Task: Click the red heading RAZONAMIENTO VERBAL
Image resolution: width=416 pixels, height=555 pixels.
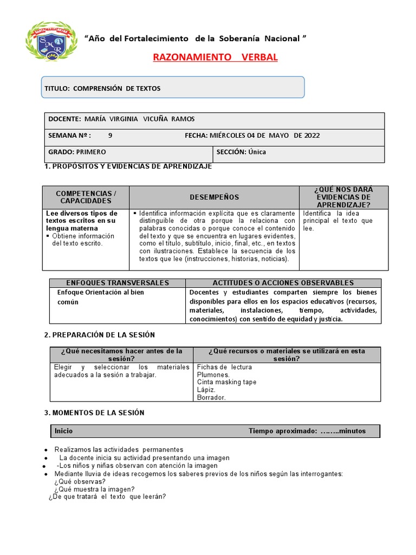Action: point(215,57)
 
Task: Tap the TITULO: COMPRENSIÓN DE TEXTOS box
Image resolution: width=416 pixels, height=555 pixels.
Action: point(173,88)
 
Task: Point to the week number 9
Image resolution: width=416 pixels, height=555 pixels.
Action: point(110,135)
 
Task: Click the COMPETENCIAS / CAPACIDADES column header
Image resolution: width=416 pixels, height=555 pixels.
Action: point(86,197)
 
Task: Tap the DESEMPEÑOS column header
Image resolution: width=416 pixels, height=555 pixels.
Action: point(214,197)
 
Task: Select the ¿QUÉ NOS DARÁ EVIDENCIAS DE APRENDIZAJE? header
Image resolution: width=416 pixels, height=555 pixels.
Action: point(343,197)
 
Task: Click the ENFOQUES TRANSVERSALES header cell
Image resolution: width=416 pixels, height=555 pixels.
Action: point(118,283)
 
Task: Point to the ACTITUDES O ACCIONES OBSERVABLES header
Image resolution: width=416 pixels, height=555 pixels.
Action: point(283,283)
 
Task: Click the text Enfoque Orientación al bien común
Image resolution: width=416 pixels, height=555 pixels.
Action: point(100,297)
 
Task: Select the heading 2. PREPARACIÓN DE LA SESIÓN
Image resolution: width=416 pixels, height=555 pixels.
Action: point(99,335)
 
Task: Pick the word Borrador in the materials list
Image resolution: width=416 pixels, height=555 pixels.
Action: point(211,397)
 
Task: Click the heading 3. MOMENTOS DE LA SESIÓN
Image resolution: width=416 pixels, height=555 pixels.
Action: point(94,413)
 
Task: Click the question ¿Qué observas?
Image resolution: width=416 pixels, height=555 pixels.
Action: point(80,481)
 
